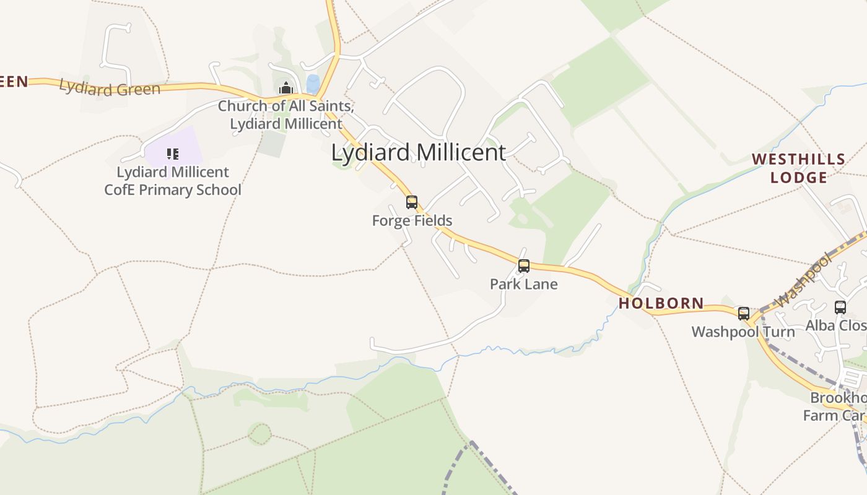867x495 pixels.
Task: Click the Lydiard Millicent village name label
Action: [x=419, y=153]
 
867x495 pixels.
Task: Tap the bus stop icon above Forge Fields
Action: [x=412, y=202]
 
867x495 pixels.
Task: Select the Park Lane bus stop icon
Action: [x=524, y=266]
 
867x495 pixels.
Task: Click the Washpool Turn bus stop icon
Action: [x=744, y=314]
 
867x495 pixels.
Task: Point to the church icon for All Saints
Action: [x=285, y=88]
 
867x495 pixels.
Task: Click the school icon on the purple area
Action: [x=173, y=153]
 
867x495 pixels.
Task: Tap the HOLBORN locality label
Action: [x=661, y=303]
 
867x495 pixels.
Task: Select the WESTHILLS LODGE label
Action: [x=798, y=168]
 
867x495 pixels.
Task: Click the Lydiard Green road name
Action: [x=110, y=88]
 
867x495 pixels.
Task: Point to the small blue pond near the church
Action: [x=313, y=84]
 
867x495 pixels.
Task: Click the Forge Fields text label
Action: [x=412, y=221]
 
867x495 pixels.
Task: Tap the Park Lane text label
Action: [x=524, y=285]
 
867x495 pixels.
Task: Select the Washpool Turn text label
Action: [x=743, y=332]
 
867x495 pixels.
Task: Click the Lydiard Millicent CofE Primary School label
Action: [x=173, y=181]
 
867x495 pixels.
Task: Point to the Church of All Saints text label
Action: [x=285, y=114]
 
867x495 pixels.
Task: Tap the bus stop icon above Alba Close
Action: [x=840, y=307]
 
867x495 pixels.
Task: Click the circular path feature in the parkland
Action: [x=260, y=434]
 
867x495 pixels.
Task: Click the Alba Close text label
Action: [x=836, y=325]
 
